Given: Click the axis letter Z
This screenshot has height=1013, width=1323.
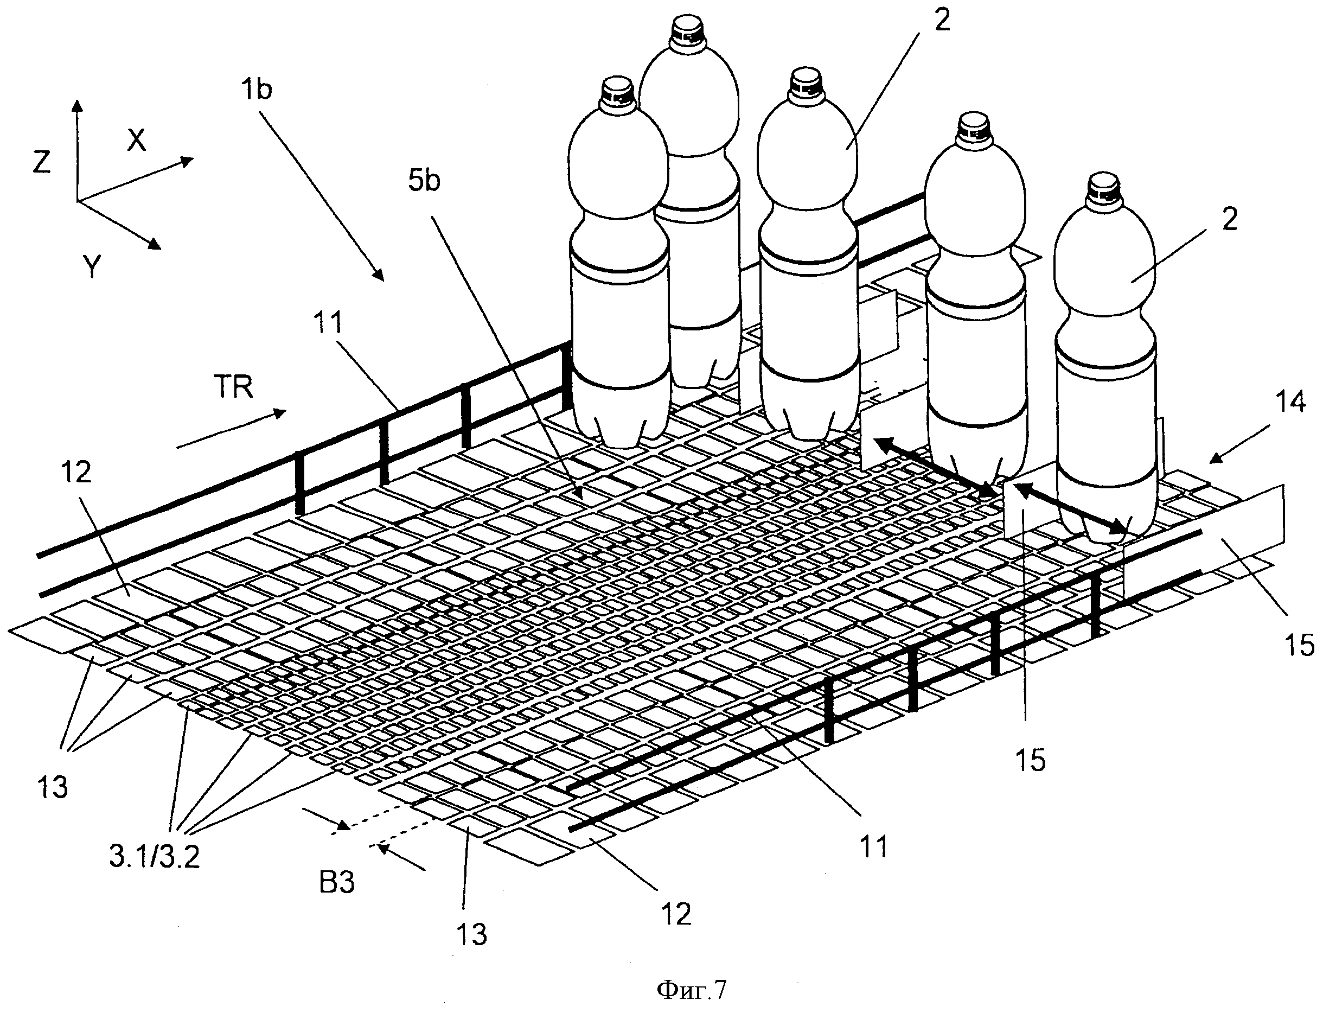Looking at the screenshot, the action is click(x=42, y=162).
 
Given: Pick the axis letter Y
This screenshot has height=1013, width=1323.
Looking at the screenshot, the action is click(x=91, y=266).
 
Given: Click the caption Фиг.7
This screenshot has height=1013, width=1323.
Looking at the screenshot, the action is click(x=691, y=990).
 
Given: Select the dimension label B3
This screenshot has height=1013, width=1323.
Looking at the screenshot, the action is click(x=337, y=883).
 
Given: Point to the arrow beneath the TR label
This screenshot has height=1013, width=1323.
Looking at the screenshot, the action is click(x=232, y=429).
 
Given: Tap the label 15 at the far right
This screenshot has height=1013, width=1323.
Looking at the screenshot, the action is click(x=1300, y=646).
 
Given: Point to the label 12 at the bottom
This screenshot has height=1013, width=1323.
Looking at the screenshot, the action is click(x=676, y=915).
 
